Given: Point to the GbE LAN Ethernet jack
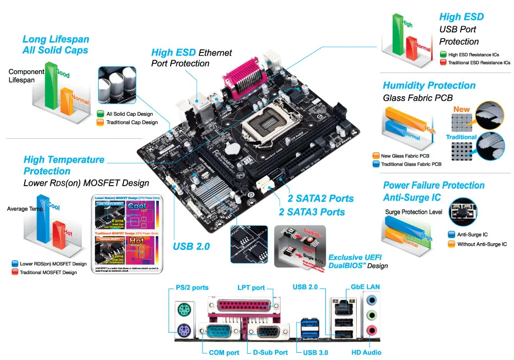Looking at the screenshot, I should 342,308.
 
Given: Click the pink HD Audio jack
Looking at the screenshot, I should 372,331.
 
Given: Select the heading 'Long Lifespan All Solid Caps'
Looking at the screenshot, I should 56,45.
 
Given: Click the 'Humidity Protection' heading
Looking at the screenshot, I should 429,85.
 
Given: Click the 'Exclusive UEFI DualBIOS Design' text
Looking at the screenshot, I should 358,261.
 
